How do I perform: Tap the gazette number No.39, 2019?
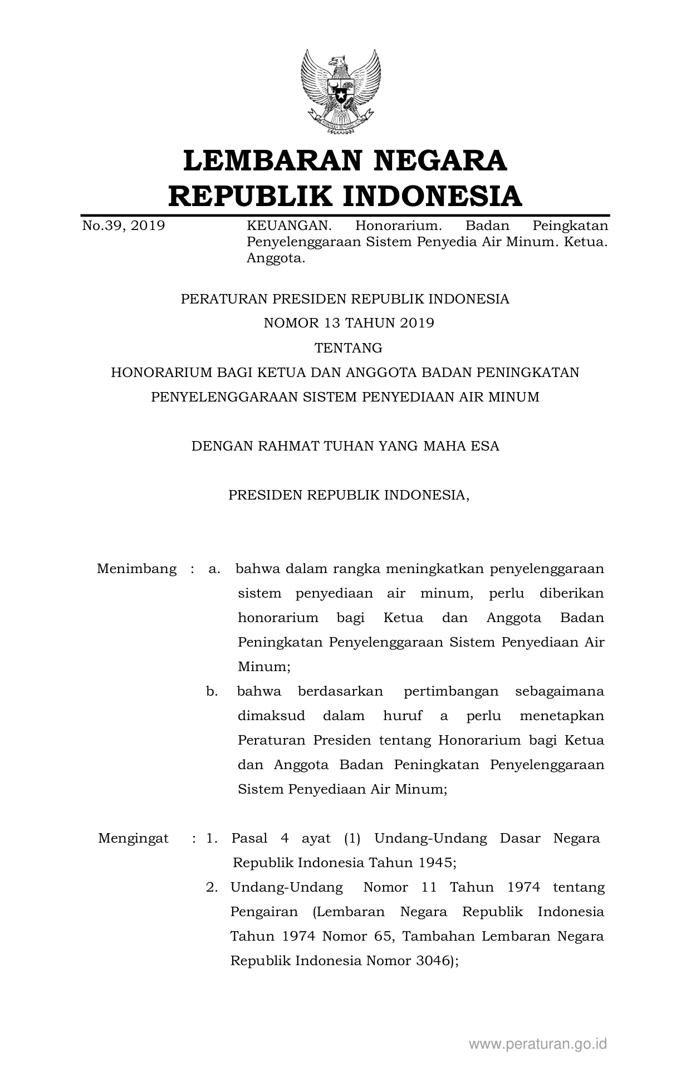[x=124, y=226]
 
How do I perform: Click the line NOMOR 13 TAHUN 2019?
[x=349, y=324]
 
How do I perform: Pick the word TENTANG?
[x=349, y=348]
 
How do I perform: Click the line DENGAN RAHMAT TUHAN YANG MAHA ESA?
[x=345, y=446]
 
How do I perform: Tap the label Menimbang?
[x=136, y=569]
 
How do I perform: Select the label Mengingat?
[x=133, y=839]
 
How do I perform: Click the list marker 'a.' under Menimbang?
[x=214, y=569]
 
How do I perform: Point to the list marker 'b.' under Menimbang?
[x=212, y=692]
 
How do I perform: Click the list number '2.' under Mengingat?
[x=212, y=888]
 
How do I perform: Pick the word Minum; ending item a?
[x=264, y=667]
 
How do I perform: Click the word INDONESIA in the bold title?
[x=432, y=197]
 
